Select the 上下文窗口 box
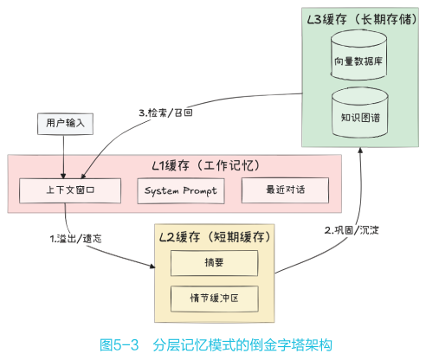(x=69, y=190)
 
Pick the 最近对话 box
(x=286, y=190)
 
